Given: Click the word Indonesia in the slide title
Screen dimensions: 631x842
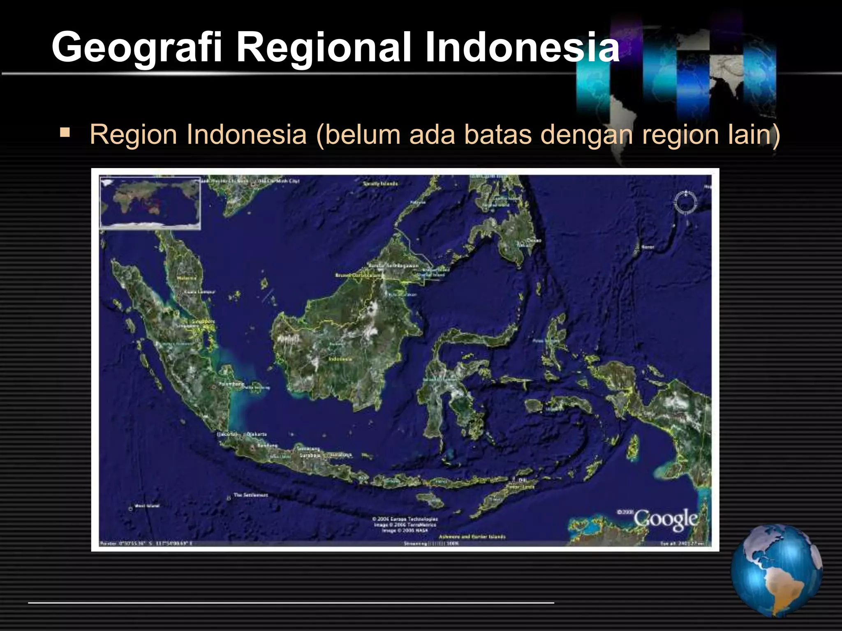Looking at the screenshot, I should click(x=521, y=48).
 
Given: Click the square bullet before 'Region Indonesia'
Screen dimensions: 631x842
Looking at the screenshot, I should click(x=65, y=133).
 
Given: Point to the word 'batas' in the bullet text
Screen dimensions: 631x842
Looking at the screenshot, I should click(x=498, y=134).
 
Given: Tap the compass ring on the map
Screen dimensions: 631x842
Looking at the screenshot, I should click(x=686, y=202).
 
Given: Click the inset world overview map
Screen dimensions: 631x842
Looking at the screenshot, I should click(x=150, y=203).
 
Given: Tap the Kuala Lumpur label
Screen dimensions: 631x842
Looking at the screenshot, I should click(x=200, y=292).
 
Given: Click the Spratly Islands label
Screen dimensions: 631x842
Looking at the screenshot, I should click(x=380, y=184).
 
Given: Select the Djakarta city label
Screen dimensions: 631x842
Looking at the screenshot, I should click(x=257, y=434).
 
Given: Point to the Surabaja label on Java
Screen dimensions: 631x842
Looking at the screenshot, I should click(x=310, y=455).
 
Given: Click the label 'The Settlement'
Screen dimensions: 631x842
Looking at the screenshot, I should click(x=251, y=495).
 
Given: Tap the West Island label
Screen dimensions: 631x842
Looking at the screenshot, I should click(x=147, y=506).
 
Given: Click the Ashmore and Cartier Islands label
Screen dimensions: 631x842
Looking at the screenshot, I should click(x=472, y=537).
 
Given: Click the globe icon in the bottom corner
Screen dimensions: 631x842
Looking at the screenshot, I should click(x=777, y=571).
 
